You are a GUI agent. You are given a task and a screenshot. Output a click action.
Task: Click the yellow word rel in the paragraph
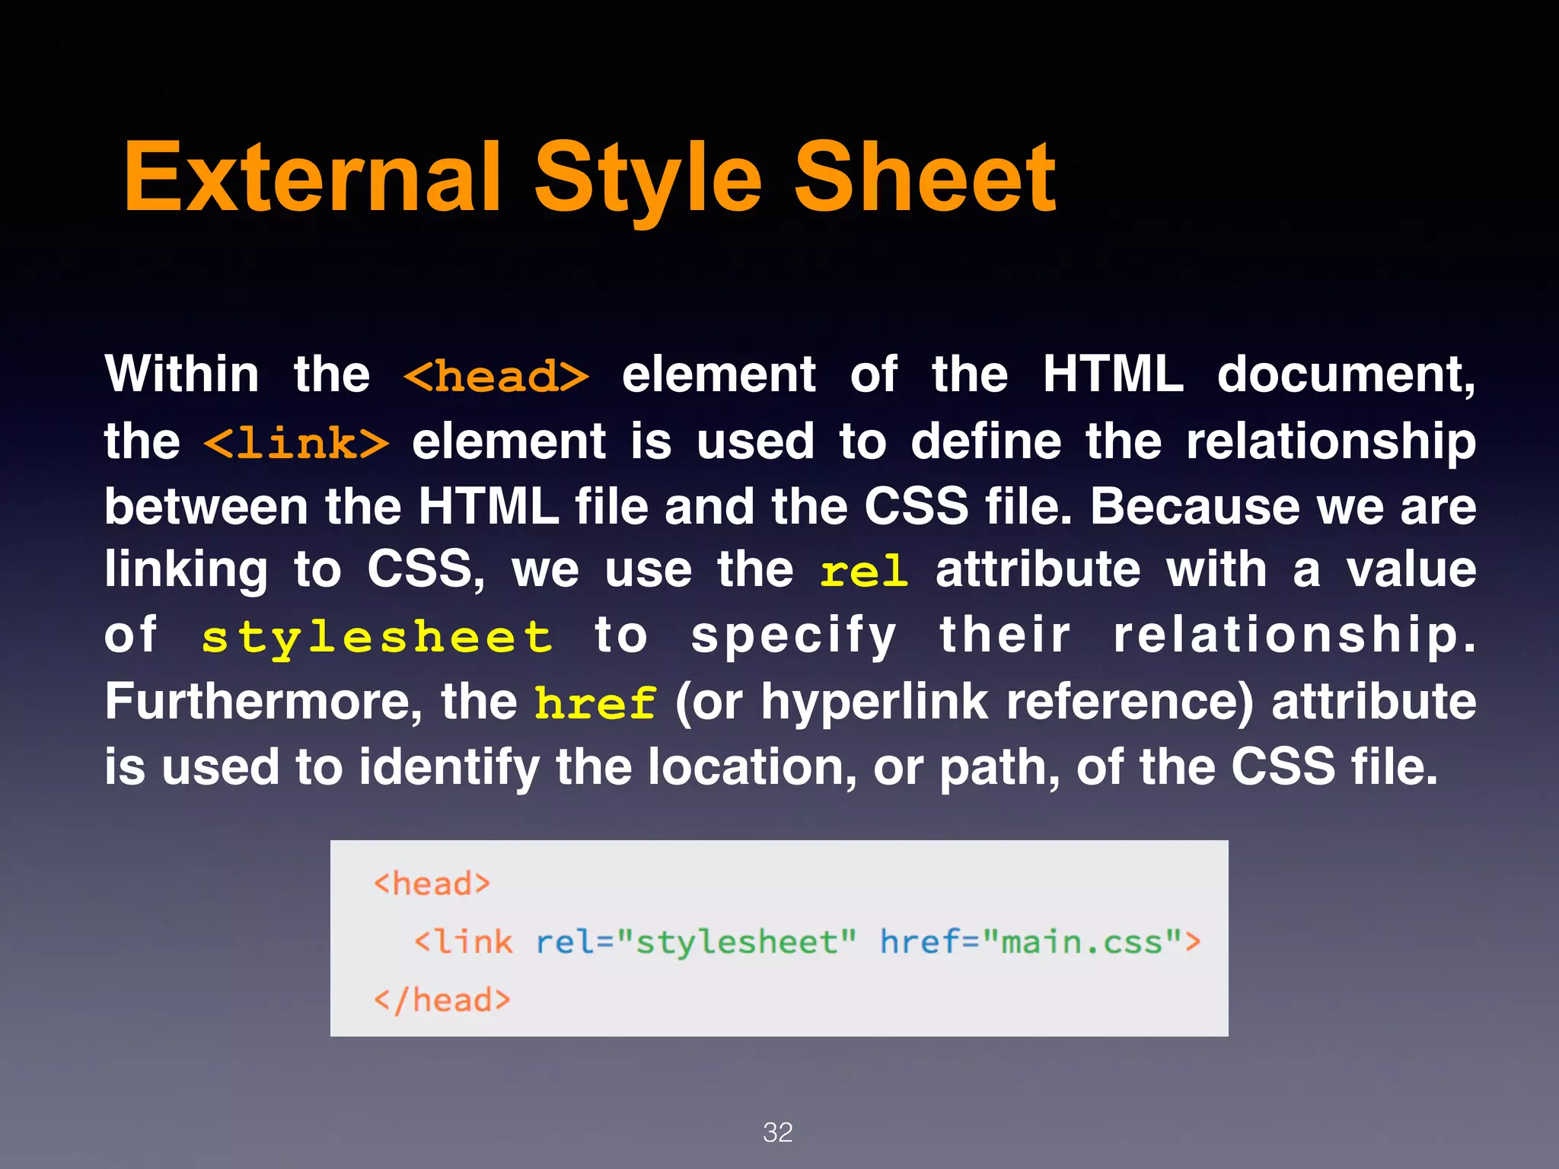pos(864,571)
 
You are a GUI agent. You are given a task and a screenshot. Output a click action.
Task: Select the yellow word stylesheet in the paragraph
pos(377,638)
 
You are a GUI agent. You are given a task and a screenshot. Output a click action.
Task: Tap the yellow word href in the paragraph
pos(595,702)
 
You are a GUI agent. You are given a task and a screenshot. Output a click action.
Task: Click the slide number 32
pos(777,1132)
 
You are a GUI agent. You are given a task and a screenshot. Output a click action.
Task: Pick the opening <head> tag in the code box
pos(432,884)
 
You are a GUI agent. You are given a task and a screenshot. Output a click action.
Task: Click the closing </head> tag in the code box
pos(442,1000)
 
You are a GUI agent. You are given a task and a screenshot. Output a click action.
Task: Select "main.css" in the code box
pos(1081,942)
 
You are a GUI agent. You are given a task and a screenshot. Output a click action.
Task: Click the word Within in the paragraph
pos(182,374)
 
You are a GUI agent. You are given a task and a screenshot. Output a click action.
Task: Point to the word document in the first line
pos(1346,374)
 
